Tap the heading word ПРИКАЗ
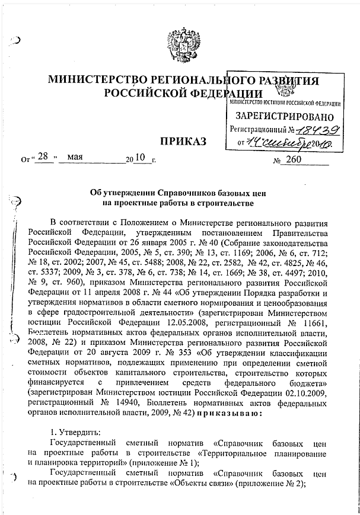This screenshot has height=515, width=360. [x=183, y=142]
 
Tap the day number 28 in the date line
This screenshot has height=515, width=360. [x=42, y=158]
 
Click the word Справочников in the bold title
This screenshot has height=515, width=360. [x=169, y=193]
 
